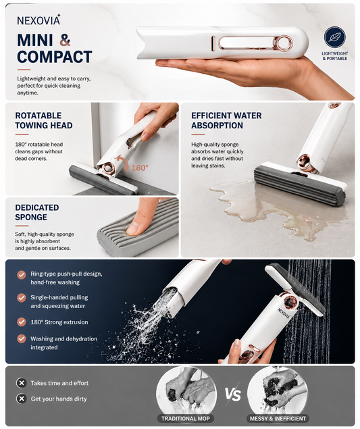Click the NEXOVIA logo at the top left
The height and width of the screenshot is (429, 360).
point(38,20)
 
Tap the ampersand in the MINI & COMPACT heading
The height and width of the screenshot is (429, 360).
point(65,40)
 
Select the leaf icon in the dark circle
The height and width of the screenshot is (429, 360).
point(334,37)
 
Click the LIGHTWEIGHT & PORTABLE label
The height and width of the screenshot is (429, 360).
point(334,56)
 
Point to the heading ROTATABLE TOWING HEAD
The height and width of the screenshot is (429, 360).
point(44,120)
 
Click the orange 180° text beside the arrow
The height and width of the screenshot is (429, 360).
point(140,168)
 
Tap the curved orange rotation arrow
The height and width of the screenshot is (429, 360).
point(122,162)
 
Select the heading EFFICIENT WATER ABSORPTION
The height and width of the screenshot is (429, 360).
point(226,120)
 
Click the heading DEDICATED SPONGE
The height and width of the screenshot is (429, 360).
point(37,212)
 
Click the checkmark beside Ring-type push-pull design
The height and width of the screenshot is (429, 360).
point(22,274)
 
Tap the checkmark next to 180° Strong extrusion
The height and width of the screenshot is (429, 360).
point(22,322)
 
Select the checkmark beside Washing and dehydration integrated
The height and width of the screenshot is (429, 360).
point(22,339)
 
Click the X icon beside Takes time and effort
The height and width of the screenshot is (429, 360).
point(22,383)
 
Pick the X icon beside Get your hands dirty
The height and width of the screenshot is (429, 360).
point(22,399)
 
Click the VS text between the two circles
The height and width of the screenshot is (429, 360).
point(233,395)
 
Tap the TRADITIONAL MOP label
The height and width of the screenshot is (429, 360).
point(186,418)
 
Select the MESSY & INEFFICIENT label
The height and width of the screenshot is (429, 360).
point(278,418)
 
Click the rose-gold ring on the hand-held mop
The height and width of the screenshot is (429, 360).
point(283,44)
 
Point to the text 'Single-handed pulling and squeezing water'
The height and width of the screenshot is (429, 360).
point(59,301)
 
